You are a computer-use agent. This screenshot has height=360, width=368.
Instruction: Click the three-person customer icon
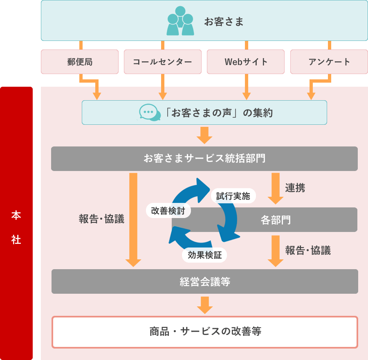(180, 21)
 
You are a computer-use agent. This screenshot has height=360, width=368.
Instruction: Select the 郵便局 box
(80, 62)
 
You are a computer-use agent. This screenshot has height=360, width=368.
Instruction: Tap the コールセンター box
(162, 62)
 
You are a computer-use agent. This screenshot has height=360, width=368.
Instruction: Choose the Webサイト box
(246, 62)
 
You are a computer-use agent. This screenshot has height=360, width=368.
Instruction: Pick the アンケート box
(329, 62)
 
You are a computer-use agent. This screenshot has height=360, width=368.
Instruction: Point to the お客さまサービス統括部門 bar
(204, 158)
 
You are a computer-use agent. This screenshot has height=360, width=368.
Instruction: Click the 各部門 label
(276, 220)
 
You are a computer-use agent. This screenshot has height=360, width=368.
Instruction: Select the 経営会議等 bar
(204, 281)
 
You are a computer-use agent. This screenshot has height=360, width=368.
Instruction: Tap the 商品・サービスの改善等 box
(204, 332)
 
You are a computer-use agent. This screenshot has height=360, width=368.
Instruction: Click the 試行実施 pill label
(233, 196)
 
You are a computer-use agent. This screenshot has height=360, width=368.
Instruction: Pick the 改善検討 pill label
(168, 211)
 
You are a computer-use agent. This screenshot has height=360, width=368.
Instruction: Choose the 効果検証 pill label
(204, 255)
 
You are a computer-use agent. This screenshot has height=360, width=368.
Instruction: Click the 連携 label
(295, 188)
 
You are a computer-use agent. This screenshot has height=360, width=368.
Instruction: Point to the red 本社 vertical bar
(16, 223)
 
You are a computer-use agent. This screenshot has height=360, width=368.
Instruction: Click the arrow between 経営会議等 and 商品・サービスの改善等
(204, 304)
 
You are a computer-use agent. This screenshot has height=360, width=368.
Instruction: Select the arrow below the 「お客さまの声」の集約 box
(204, 135)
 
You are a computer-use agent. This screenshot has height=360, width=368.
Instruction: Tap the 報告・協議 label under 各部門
(308, 250)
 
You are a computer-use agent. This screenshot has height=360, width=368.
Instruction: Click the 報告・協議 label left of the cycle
(101, 219)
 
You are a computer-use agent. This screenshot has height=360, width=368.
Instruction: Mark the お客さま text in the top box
(224, 22)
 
